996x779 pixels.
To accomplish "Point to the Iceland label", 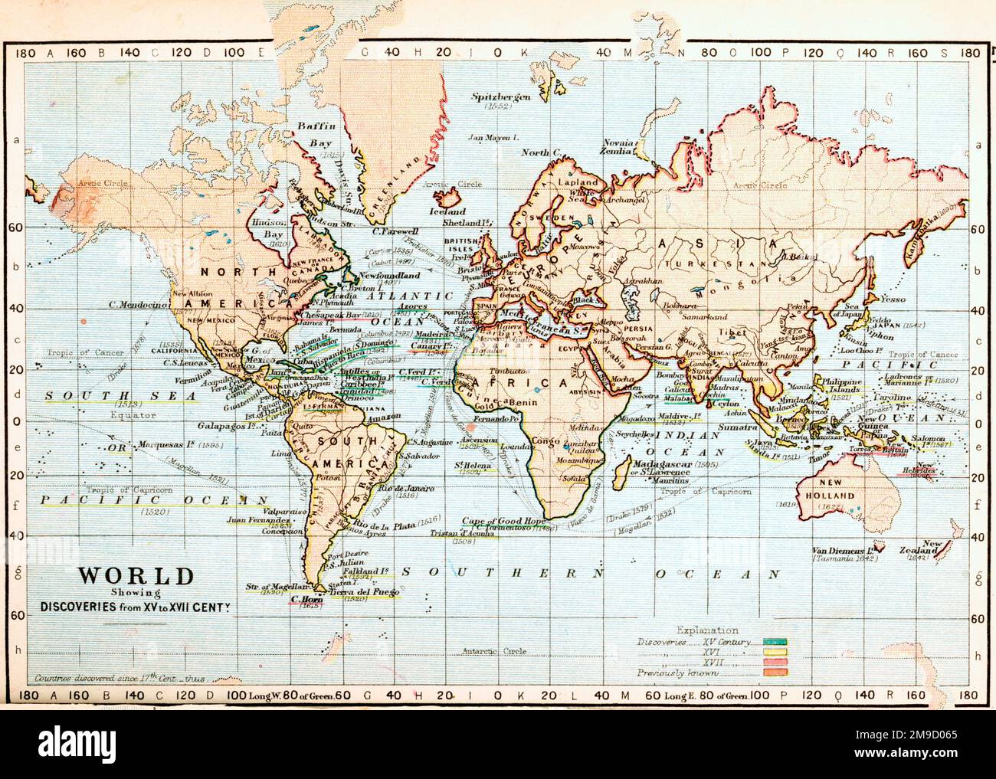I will pos(447,211).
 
